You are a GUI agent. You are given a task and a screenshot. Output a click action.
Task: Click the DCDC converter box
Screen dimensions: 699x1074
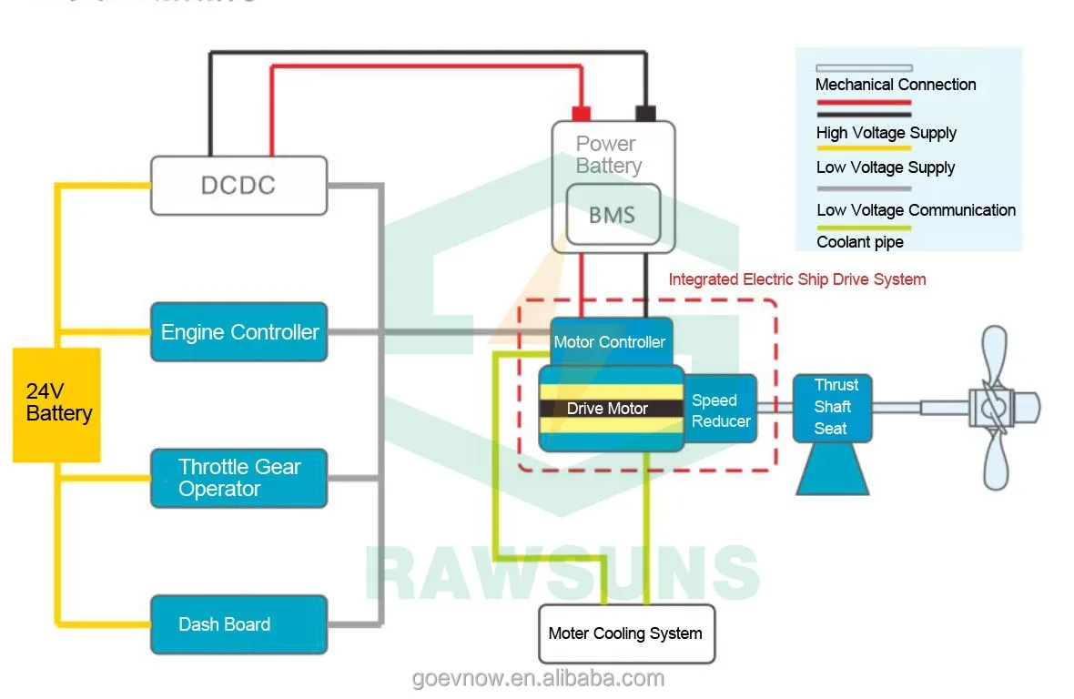point(238,186)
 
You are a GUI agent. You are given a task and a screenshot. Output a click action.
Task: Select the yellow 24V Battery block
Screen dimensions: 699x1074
point(56,404)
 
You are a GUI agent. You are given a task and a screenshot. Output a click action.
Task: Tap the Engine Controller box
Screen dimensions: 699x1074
point(238,332)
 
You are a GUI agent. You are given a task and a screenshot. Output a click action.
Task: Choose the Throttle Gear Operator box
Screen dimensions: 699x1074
point(238,478)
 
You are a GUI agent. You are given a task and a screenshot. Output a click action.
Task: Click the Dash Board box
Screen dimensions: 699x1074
point(238,624)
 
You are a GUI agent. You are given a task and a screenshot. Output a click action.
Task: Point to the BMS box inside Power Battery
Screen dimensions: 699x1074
point(612,215)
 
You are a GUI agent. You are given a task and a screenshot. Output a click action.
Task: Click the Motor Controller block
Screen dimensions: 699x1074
point(611,341)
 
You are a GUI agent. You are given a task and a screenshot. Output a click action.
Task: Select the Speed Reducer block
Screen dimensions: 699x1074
point(721,410)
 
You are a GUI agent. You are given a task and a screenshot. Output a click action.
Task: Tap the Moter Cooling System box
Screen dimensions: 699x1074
point(625,633)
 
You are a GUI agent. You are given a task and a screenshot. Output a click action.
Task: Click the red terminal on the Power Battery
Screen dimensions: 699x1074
point(581,113)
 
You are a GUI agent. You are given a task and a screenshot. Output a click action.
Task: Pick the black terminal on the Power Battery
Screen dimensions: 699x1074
point(645,113)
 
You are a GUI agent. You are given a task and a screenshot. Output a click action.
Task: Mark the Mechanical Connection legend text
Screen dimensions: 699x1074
point(896,85)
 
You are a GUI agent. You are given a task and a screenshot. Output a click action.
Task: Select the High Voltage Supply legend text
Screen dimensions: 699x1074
point(886,133)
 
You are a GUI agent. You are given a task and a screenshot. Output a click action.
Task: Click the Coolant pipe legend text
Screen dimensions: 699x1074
point(860,242)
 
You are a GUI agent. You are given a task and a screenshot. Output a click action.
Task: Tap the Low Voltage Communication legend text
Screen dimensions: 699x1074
point(916,210)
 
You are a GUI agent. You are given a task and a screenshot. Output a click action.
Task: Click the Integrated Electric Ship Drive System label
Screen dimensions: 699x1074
point(797,279)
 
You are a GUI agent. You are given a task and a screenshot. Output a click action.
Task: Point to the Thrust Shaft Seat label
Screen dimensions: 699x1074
point(832,407)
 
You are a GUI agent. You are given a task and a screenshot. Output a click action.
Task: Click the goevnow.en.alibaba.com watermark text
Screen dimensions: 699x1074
point(538,678)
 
